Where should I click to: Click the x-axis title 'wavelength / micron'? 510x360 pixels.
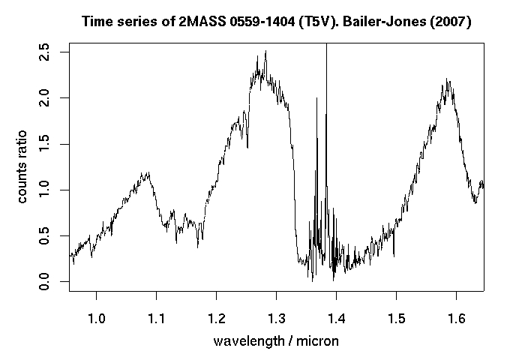click(x=276, y=341)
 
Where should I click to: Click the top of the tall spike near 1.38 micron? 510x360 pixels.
click(x=326, y=45)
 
